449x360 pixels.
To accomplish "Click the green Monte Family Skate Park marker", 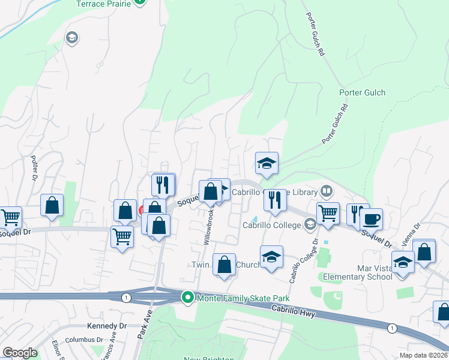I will [x=188, y=298].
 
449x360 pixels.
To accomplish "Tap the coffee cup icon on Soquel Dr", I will [x=371, y=219].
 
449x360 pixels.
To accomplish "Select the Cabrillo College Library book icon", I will [x=327, y=191].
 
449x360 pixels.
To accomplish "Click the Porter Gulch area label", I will [x=362, y=92].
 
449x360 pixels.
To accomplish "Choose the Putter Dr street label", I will [x=34, y=169].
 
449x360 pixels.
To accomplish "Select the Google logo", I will [x=19, y=353].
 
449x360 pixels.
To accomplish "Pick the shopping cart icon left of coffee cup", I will [x=328, y=213].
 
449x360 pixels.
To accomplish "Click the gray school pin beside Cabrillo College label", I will [x=310, y=225].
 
